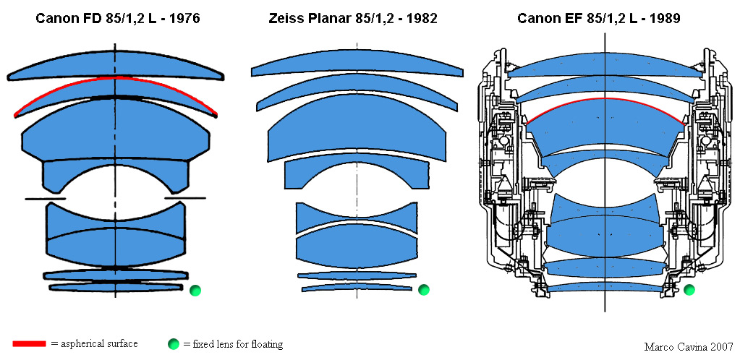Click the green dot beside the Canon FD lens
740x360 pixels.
click(x=195, y=291)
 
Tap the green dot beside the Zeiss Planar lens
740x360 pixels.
click(x=424, y=290)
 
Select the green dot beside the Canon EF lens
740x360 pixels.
click(x=689, y=290)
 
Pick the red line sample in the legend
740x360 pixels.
click(x=30, y=344)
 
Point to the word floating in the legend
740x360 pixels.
click(x=265, y=345)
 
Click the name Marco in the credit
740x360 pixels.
click(x=658, y=348)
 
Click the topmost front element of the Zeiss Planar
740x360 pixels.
click(x=357, y=64)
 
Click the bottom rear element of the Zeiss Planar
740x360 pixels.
click(x=357, y=287)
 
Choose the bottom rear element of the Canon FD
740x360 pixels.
click(x=116, y=286)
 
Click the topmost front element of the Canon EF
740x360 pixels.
click(x=605, y=67)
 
